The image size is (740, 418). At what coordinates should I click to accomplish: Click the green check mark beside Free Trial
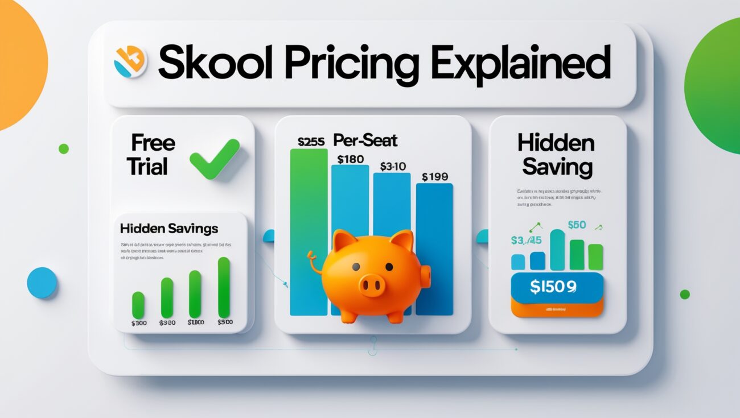(x=214, y=159)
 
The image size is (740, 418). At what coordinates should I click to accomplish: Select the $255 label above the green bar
(x=310, y=141)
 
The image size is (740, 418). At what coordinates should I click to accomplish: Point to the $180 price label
(x=350, y=159)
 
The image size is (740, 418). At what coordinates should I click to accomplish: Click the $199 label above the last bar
(x=435, y=177)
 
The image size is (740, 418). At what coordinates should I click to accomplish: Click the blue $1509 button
(x=557, y=287)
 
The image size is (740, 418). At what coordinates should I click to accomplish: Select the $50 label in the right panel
(x=577, y=225)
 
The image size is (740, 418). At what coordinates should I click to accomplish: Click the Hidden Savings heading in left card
(x=169, y=229)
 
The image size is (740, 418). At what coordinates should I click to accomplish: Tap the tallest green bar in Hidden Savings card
(x=224, y=287)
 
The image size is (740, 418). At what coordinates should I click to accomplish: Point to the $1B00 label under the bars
(x=195, y=322)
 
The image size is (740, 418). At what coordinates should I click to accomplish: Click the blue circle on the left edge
(x=42, y=283)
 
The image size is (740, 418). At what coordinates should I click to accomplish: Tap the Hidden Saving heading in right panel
(x=557, y=155)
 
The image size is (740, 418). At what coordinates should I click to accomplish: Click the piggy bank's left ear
(x=344, y=241)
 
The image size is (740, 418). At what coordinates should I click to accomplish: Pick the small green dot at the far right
(x=685, y=294)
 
